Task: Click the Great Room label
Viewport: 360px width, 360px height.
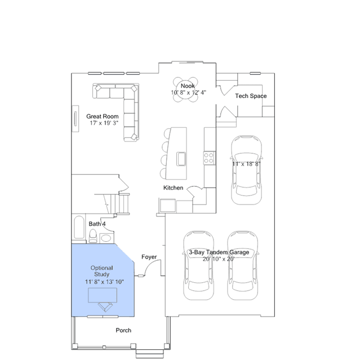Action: pos(103,117)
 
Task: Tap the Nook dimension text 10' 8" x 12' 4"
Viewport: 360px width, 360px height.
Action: pos(189,92)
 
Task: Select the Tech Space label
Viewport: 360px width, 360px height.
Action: pos(251,96)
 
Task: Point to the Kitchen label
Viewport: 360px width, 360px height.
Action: pos(174,188)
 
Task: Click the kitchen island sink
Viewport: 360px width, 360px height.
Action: pos(181,159)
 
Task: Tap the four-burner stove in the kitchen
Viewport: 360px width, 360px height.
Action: pos(209,158)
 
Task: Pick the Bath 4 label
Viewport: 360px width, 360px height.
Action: pos(97,224)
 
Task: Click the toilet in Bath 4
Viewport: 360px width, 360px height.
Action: pos(93,236)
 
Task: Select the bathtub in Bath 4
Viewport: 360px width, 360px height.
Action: pos(79,227)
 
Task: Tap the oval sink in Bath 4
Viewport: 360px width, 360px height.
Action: pos(106,238)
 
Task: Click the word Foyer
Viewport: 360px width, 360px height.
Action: pos(149,257)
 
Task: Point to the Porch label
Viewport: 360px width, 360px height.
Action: pos(123,330)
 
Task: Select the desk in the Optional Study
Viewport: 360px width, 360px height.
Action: pos(103,295)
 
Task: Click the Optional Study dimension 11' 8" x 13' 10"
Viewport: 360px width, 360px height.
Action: pos(104,282)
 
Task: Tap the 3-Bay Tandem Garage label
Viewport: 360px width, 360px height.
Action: pos(219,252)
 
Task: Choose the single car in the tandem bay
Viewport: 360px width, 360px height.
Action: pos(246,170)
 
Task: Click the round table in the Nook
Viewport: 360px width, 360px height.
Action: pos(185,90)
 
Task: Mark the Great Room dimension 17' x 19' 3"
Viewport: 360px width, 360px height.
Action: pos(104,123)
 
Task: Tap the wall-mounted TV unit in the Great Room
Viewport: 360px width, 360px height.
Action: pos(75,119)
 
